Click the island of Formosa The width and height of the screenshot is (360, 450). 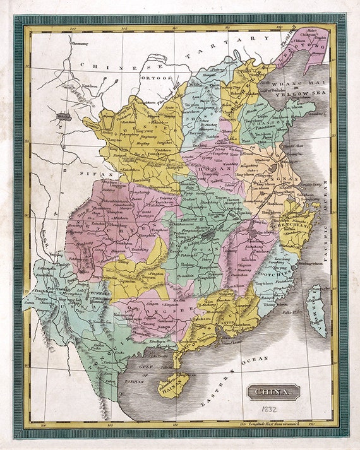(316, 310)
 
